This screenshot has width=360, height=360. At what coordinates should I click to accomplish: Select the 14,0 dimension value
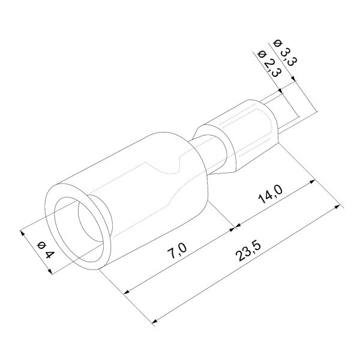(270, 194)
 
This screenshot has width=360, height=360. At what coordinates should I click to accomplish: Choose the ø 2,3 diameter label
(269, 64)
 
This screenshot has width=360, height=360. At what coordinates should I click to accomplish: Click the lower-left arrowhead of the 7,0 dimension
(127, 292)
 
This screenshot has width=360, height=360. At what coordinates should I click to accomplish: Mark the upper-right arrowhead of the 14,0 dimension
(312, 182)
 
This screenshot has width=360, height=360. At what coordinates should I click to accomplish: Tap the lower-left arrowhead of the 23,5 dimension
(155, 321)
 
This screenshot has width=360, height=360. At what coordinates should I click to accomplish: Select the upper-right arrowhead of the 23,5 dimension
(337, 206)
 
